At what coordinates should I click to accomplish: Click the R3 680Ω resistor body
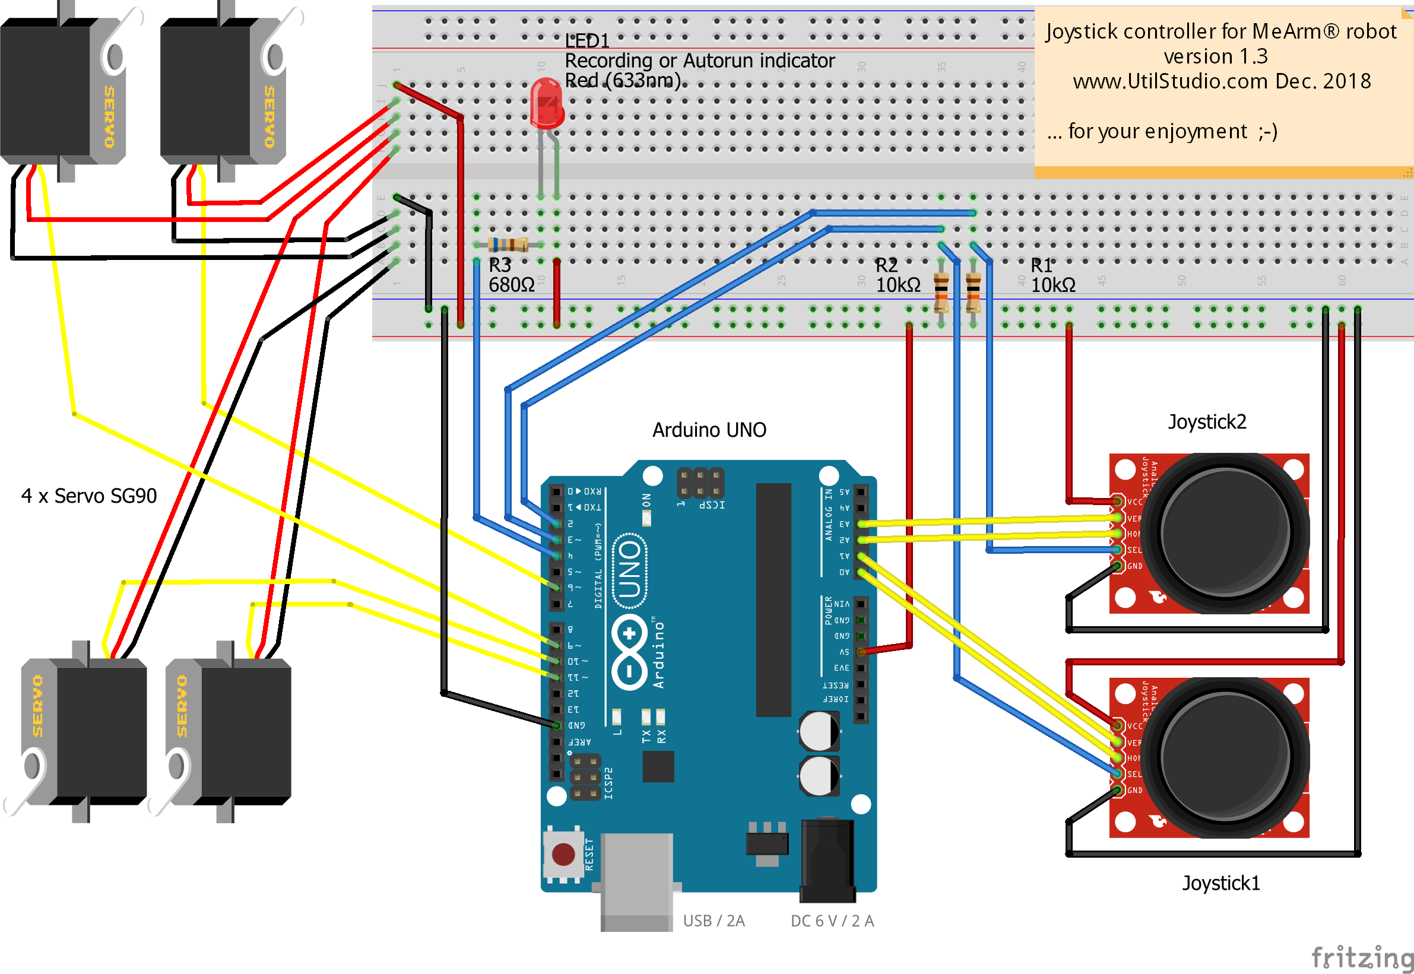(508, 245)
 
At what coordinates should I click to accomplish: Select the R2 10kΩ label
(897, 275)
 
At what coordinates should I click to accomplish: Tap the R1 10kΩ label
(1052, 275)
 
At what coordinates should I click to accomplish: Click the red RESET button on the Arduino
(563, 854)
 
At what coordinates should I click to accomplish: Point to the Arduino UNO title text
(709, 430)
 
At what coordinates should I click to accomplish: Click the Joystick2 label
(1206, 421)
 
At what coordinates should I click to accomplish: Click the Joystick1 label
(1220, 883)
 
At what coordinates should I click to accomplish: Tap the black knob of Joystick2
(1225, 532)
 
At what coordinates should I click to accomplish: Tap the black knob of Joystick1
(1225, 757)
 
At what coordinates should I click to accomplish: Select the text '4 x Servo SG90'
(89, 496)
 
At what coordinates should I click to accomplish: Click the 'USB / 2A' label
(714, 921)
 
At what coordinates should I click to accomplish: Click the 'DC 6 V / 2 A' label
(832, 921)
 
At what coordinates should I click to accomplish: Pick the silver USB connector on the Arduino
(636, 879)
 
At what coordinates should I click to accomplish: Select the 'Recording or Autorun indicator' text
(699, 61)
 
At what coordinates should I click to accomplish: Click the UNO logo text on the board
(630, 570)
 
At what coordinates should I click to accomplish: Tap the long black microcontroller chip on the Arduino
(773, 599)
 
